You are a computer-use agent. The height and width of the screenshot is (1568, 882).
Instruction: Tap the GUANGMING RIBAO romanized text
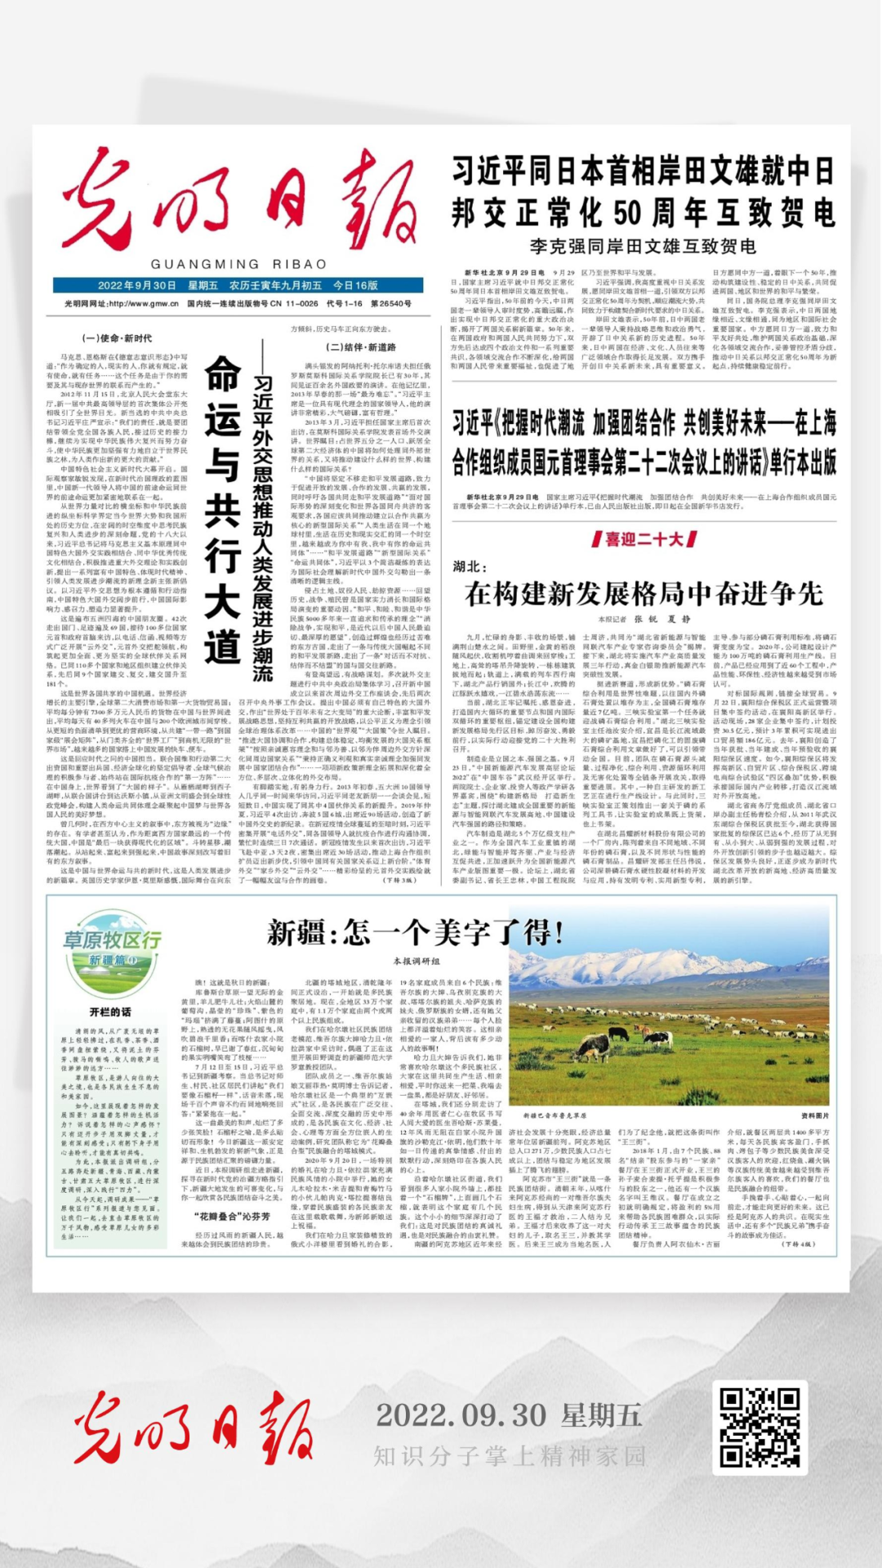pos(238,264)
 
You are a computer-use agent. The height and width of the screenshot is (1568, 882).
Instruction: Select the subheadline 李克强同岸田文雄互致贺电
pos(643,246)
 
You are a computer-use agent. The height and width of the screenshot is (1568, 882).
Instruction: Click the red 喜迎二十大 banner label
pos(644,539)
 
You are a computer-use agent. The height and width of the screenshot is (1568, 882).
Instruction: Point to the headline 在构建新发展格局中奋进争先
pos(644,593)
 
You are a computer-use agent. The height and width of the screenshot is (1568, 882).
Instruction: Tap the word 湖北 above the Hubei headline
pos(470,566)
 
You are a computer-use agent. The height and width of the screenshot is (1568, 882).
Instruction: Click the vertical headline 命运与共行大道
pos(222,509)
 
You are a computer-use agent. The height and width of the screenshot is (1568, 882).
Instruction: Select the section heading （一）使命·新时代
pos(117,338)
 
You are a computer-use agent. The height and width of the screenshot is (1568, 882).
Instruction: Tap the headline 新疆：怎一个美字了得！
pos(415,931)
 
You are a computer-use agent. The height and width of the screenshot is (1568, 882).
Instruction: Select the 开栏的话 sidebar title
pos(110,1012)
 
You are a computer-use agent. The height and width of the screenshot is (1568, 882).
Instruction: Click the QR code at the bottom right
pos(759,1427)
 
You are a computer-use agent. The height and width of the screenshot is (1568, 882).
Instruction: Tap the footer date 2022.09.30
pos(461,1415)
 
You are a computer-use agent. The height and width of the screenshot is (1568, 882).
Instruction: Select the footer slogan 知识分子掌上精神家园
pos(510,1455)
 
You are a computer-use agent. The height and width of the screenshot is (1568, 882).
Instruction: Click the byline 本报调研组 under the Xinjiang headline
pos(416,961)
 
